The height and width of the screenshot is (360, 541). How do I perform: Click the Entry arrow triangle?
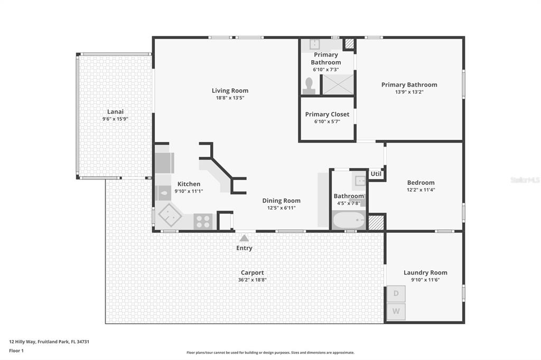(244, 238)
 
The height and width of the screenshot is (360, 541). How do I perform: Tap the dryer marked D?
(396, 294)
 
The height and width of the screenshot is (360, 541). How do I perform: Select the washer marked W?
(396, 311)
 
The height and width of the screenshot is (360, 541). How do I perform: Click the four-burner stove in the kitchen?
(203, 221)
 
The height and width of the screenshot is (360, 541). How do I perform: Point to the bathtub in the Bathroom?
(349, 220)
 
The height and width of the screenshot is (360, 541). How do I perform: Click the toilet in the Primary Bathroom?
(309, 86)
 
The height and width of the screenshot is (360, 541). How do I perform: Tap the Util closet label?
(376, 174)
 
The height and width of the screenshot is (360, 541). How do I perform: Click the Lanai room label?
(115, 112)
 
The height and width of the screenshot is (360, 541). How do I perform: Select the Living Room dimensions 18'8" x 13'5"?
(230, 98)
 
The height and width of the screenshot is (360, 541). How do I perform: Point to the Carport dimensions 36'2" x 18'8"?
(252, 280)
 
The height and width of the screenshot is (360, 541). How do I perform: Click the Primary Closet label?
(327, 114)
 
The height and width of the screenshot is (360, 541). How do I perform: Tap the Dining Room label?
(281, 201)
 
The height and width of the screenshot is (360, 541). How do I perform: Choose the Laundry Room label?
(425, 272)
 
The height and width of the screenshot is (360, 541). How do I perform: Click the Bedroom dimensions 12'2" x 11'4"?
(421, 190)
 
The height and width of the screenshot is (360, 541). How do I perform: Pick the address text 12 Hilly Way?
(22, 342)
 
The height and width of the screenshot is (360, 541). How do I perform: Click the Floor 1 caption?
(16, 350)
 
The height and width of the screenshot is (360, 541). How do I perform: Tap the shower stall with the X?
(338, 84)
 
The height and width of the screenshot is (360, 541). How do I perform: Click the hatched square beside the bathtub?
(376, 222)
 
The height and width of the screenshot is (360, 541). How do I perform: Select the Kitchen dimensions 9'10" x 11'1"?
(189, 191)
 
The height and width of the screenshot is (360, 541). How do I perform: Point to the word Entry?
(244, 248)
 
